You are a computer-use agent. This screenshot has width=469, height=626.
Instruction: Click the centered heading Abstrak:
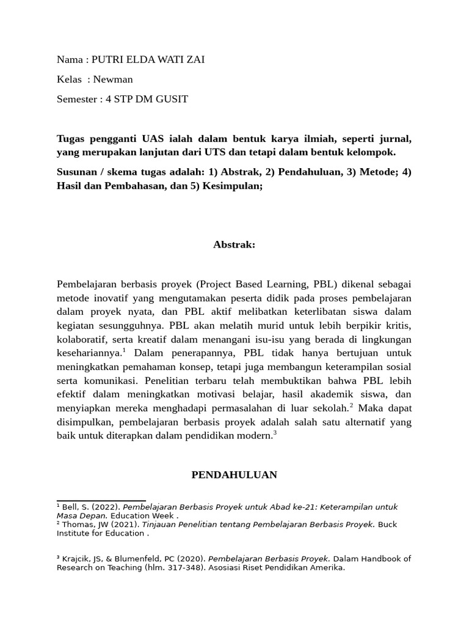[x=234, y=245]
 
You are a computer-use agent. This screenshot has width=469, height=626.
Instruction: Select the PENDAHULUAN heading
[x=234, y=474]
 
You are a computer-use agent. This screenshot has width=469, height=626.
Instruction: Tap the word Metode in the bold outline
[x=374, y=172]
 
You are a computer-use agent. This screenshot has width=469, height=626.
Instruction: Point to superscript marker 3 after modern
[x=275, y=433]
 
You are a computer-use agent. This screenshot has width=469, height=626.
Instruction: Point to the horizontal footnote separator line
[x=101, y=501]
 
